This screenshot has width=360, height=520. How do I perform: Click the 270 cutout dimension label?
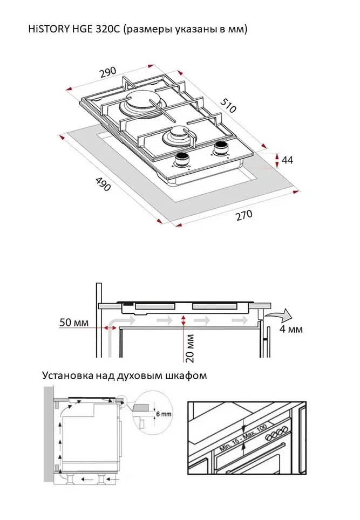pyautogui.click(x=243, y=216)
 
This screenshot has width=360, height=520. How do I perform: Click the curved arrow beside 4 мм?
pyautogui.click(x=281, y=314)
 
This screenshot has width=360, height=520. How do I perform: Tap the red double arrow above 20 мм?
pyautogui.click(x=185, y=321)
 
